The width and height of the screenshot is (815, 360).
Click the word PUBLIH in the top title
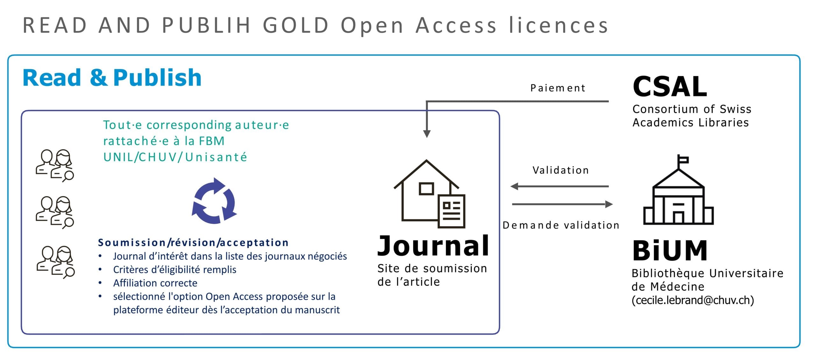(206, 25)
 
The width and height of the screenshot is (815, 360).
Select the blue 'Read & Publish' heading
(112, 78)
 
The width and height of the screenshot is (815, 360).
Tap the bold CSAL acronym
(670, 87)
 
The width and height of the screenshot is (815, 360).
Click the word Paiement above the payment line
(558, 88)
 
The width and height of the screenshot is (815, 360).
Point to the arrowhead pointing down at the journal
(427, 134)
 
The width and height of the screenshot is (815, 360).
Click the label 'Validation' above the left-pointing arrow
(561, 170)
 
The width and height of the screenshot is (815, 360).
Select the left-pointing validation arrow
(560, 186)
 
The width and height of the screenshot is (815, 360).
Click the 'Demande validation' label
(561, 225)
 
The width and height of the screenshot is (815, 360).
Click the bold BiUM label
(670, 251)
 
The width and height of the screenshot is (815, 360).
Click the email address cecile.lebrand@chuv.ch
(693, 300)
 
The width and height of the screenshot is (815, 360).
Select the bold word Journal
(433, 246)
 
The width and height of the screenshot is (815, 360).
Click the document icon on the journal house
(452, 211)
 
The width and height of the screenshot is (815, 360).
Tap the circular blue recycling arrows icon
(214, 201)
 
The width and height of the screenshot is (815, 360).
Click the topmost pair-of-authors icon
(55, 166)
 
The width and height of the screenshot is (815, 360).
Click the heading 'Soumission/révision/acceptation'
(193, 243)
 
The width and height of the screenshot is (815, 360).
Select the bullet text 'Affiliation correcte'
(155, 283)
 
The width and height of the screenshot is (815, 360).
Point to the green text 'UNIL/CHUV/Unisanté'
(175, 157)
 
